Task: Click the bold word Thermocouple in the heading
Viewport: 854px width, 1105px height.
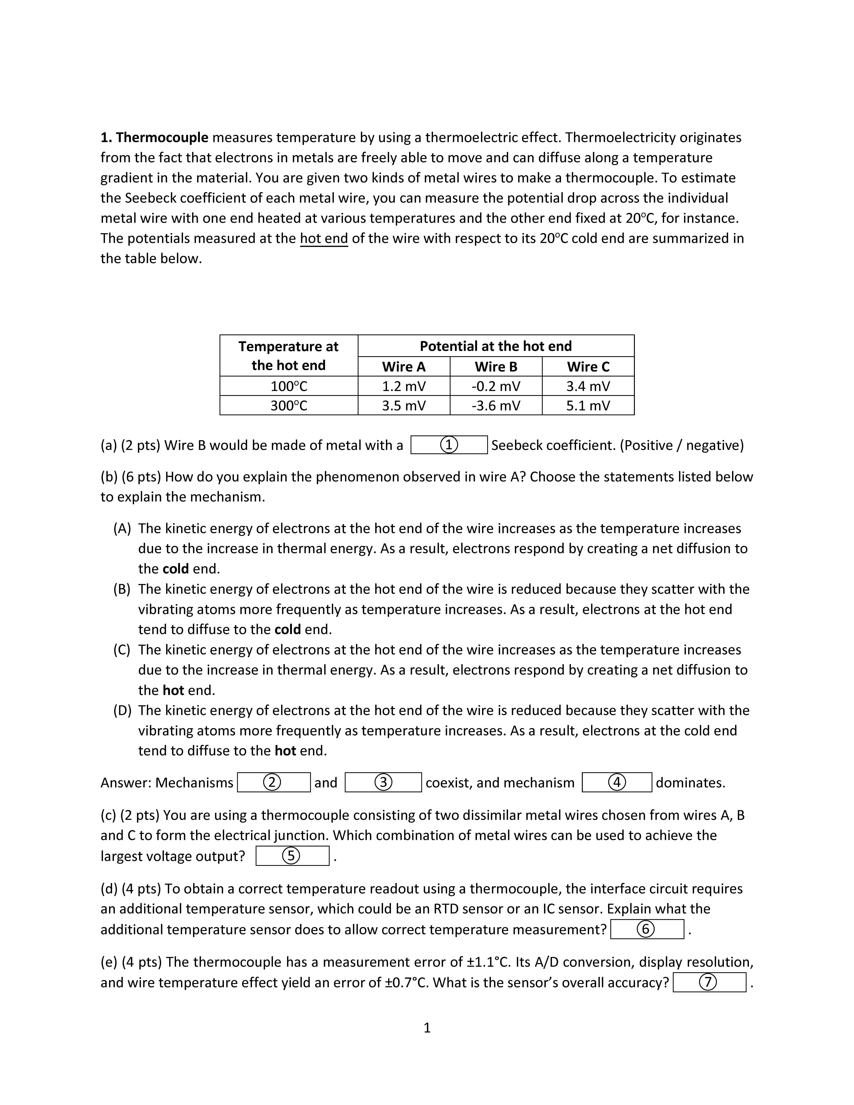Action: [x=162, y=138]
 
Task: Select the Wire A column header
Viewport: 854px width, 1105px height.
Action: [x=404, y=367]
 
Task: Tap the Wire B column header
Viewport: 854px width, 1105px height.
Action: [x=496, y=367]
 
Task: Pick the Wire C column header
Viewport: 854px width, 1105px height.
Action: [x=588, y=367]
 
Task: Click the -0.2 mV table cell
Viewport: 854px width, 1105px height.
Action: [x=496, y=387]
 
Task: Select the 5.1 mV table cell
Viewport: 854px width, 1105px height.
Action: [x=588, y=406]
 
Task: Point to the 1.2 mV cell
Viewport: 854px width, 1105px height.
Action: [x=404, y=387]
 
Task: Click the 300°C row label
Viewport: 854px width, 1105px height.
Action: [x=289, y=406]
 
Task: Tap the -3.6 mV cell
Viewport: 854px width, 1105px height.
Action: [x=496, y=406]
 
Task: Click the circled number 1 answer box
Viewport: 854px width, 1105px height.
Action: [x=449, y=445]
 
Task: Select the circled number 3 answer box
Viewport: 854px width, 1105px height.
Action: [x=383, y=783]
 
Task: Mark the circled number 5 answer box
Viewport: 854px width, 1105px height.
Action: [x=292, y=856]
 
